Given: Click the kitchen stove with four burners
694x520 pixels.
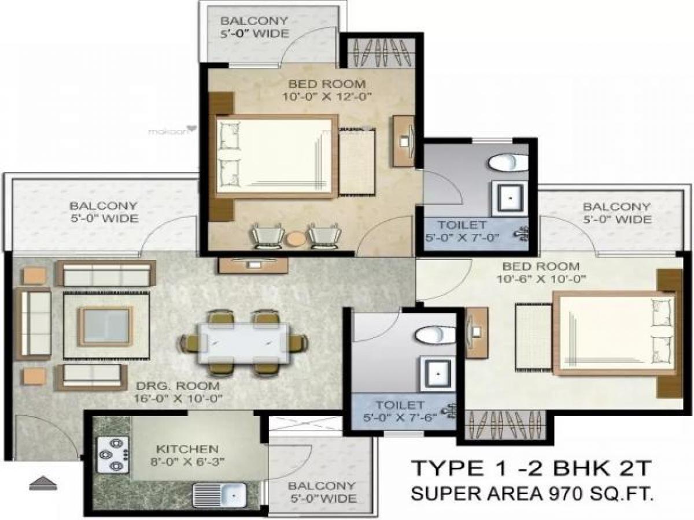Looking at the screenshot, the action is point(113,455).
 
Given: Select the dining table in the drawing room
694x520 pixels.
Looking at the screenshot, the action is point(243,343).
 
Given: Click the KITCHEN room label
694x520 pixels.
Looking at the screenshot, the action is point(187,449).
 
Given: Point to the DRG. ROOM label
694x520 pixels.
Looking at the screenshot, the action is point(178,386).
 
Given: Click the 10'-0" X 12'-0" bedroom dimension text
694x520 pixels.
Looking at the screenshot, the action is point(327,96).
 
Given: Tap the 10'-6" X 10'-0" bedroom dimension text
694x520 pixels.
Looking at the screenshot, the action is point(541,279).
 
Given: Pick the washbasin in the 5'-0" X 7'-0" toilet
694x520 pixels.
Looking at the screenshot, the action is point(510,198).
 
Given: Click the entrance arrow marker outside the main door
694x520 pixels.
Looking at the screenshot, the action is point(43,483).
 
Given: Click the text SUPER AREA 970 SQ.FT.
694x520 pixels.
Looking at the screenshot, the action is point(532,502).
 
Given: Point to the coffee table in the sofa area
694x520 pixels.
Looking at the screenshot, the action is point(106,326).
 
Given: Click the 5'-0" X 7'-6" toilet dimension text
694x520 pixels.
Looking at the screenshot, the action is point(400,418).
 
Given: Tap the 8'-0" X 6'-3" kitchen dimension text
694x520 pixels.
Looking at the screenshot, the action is point(188,462).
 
